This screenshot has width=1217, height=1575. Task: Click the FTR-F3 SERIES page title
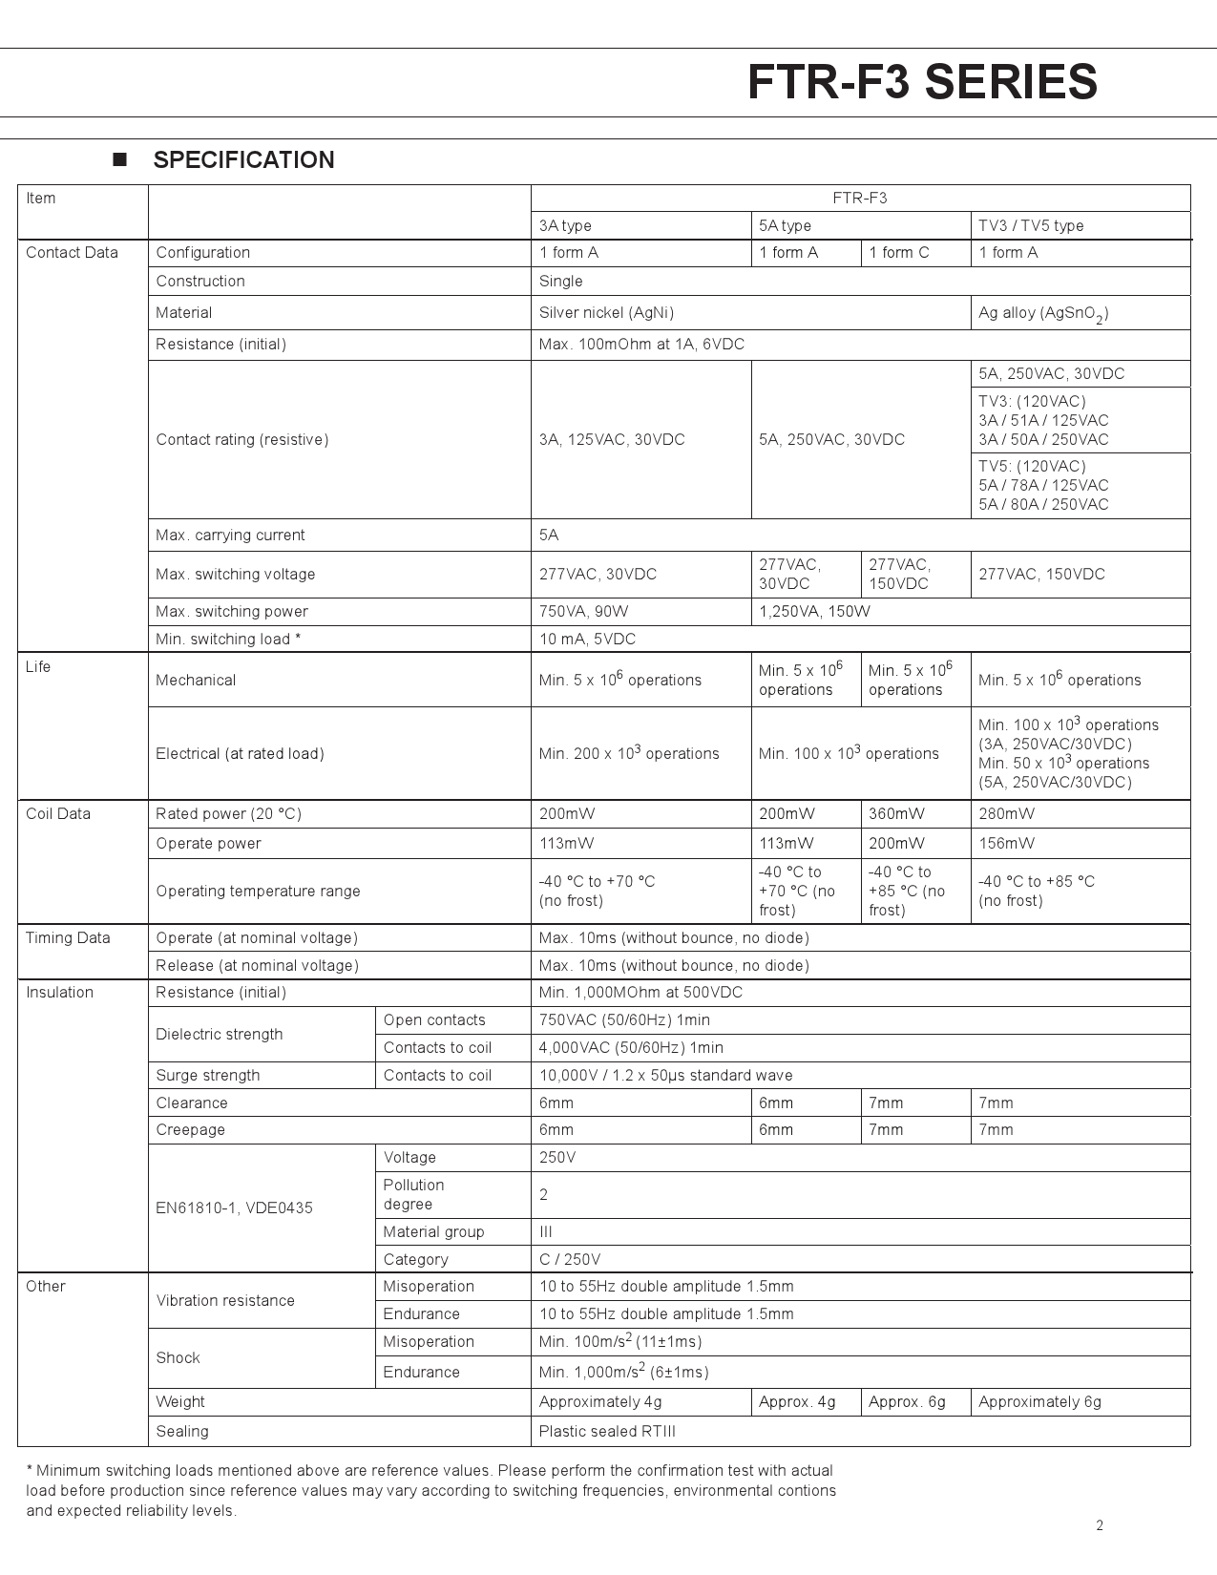(922, 82)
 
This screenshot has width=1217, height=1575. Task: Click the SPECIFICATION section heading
(243, 160)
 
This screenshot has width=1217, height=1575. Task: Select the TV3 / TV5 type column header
(1031, 226)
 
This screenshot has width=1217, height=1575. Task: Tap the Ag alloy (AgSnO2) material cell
(1043, 314)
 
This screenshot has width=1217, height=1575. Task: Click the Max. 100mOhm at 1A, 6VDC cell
(641, 345)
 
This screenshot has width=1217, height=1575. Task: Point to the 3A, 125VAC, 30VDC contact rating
(612, 440)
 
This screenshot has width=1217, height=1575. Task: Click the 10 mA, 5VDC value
(587, 640)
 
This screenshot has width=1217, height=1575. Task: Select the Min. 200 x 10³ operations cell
(629, 753)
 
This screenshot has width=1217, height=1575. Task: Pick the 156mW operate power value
(1006, 844)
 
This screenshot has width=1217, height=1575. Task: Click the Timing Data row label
(68, 938)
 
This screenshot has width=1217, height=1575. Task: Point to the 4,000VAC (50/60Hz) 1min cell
(631, 1048)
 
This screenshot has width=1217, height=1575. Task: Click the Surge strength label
(208, 1076)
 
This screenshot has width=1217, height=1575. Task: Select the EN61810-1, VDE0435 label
(234, 1208)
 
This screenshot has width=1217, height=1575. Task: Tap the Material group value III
(546, 1232)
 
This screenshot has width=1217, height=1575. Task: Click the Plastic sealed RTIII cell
(607, 1432)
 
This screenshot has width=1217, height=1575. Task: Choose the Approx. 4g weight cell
(797, 1402)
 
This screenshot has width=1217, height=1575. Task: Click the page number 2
(1100, 1525)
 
